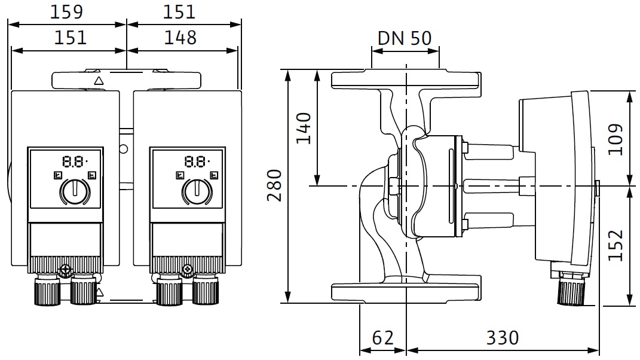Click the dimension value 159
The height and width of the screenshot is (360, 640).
pyautogui.click(x=66, y=11)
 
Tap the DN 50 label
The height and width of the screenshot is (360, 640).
pyautogui.click(x=405, y=38)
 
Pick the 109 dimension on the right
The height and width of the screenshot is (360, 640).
pyautogui.click(x=615, y=139)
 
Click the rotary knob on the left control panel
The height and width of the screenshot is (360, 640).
pyautogui.click(x=74, y=192)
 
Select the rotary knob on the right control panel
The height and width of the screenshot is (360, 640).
pyautogui.click(x=195, y=192)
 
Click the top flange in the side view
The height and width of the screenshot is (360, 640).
pyautogui.click(x=406, y=79)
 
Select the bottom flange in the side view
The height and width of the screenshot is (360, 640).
pyautogui.click(x=406, y=292)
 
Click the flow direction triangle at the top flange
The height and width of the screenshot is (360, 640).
pyautogui.click(x=99, y=80)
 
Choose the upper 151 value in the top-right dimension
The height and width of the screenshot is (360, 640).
pyautogui.click(x=179, y=11)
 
